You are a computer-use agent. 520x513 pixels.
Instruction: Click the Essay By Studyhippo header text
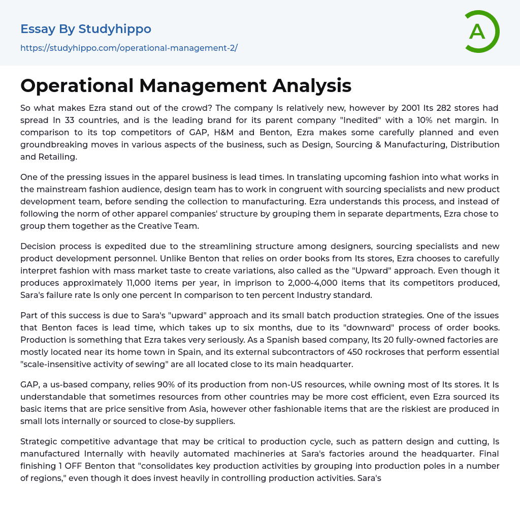(x=86, y=29)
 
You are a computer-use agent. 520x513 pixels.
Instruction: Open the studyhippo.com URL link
(x=129, y=48)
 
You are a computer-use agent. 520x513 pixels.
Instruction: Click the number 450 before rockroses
(x=356, y=352)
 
